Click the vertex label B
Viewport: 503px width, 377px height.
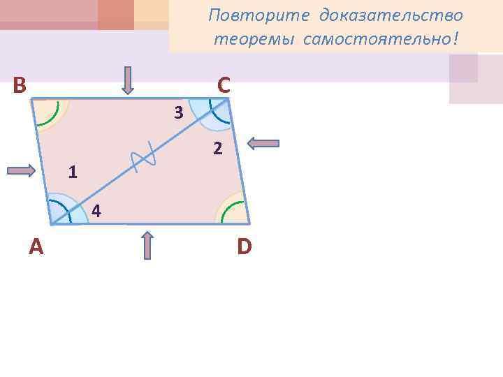(x=20, y=85)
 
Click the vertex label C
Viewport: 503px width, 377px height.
(x=223, y=85)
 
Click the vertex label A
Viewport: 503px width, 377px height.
(x=36, y=246)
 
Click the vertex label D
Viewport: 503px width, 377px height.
(x=244, y=246)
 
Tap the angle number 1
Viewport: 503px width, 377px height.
(x=73, y=172)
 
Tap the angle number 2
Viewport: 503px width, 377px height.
(x=218, y=149)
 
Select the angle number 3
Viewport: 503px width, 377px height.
(x=179, y=112)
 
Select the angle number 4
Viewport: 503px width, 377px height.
(x=96, y=211)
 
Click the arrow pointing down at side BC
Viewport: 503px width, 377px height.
(x=128, y=80)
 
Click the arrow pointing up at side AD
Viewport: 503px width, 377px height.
(x=147, y=245)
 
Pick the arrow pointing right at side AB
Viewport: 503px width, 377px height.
(x=21, y=170)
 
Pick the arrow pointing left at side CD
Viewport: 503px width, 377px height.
(x=263, y=143)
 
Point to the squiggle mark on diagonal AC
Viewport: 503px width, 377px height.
(x=143, y=161)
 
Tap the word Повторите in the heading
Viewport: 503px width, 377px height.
(x=259, y=16)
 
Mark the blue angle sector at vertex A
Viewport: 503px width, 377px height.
(x=63, y=212)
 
